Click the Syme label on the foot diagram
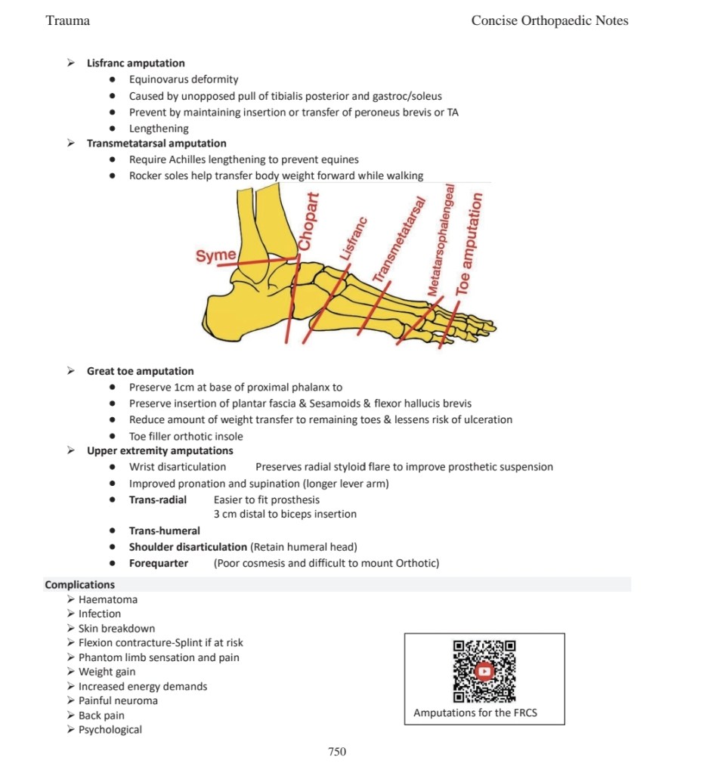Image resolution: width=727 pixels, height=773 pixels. tap(215, 255)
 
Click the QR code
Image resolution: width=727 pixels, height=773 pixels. tap(484, 671)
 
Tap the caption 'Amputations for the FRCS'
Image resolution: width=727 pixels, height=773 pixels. tap(475, 713)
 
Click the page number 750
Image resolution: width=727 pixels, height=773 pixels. tap(337, 751)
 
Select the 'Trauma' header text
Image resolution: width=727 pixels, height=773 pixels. tap(68, 20)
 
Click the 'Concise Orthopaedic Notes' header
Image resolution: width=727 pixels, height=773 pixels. tap(549, 20)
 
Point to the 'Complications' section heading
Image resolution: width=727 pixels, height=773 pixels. tap(80, 584)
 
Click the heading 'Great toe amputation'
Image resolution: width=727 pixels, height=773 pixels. tap(140, 371)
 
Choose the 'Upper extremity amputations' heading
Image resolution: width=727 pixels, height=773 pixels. tap(159, 451)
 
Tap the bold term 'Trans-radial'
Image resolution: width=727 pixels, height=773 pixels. tap(157, 499)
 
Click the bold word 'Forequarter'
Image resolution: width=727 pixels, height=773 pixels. tap(159, 563)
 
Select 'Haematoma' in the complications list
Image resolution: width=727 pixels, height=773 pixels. tap(108, 599)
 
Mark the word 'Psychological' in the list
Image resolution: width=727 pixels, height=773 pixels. tap(110, 729)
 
